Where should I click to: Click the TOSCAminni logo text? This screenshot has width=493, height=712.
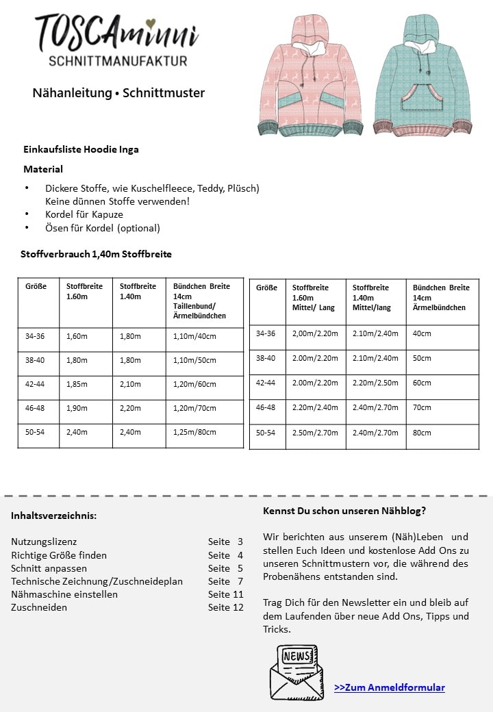click(116, 33)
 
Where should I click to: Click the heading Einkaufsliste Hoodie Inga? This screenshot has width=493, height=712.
click(81, 149)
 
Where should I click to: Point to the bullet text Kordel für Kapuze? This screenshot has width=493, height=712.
click(84, 214)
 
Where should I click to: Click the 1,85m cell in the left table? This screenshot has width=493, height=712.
click(77, 384)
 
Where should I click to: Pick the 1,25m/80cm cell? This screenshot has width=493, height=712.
click(194, 432)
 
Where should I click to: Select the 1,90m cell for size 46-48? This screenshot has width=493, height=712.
click(77, 408)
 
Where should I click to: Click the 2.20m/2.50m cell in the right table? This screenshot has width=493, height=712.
click(375, 383)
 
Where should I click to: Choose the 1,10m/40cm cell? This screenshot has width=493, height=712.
click(194, 336)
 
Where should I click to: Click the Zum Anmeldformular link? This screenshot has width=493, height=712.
click(389, 687)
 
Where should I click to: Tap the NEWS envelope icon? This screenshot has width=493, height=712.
click(296, 672)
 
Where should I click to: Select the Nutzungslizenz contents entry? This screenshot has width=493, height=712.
click(44, 541)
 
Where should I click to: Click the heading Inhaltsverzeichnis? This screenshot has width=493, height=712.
click(53, 516)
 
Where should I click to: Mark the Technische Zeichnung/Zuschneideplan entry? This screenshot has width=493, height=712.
click(97, 581)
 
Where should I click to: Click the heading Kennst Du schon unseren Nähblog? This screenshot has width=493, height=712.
click(344, 511)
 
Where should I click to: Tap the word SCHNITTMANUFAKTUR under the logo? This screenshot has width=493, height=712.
click(118, 61)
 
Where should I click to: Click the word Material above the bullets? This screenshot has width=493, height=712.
click(43, 169)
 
